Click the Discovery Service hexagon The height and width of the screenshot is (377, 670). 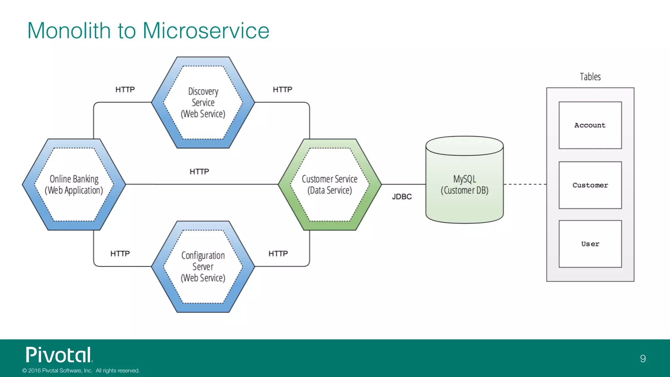coord(203,102)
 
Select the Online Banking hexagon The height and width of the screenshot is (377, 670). coord(74,185)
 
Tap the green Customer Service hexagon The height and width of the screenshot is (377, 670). coord(329,185)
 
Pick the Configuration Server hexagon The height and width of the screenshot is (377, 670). coord(203,267)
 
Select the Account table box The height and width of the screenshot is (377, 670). coord(590,125)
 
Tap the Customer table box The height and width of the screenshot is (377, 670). coord(590,185)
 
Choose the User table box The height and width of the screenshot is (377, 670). coord(590,244)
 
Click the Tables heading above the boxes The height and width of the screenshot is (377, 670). coord(590,77)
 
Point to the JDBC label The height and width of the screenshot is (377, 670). coord(402,197)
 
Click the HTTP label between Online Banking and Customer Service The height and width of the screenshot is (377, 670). coord(199,172)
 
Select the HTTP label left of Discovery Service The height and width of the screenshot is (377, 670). coord(125,90)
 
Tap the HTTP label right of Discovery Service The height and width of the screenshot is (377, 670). coord(282,90)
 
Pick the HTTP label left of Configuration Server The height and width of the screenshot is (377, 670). coord(120,254)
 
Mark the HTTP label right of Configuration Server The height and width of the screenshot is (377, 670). coord(278,254)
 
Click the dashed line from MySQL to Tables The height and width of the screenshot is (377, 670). coord(525,184)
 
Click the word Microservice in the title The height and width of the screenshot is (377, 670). coord(206,31)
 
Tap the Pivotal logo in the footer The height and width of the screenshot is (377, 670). coord(59,355)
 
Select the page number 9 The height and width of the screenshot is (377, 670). coord(643,359)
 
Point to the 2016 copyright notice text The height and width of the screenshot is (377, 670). coord(81,370)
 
